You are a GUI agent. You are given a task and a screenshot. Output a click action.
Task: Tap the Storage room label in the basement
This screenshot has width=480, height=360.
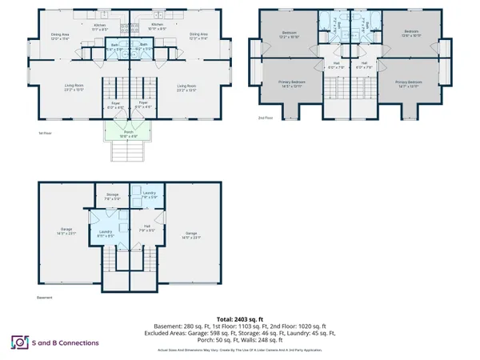(x=112, y=195)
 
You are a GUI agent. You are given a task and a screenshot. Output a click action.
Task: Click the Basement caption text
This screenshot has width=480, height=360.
(x=46, y=298)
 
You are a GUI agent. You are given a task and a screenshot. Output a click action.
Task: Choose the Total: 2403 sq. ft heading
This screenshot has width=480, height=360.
(x=240, y=318)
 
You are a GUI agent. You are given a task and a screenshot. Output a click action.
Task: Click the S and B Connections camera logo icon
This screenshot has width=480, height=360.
(x=17, y=342)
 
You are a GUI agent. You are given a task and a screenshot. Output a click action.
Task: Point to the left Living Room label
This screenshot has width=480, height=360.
(x=74, y=87)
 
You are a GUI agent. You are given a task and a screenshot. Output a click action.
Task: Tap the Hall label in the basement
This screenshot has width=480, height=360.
(x=147, y=227)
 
